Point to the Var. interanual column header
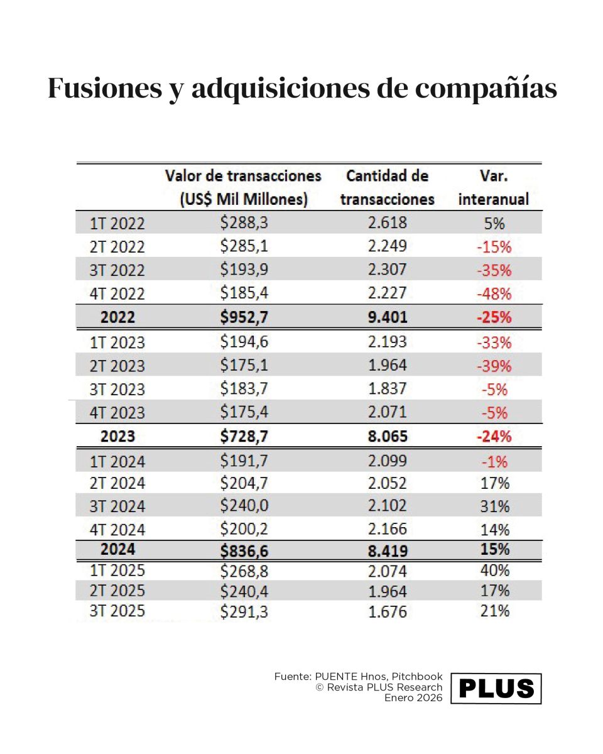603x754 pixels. (x=493, y=187)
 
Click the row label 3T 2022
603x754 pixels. (x=117, y=270)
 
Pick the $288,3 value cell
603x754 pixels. (x=244, y=222)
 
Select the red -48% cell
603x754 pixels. (x=494, y=293)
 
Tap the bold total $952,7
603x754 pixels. (x=244, y=317)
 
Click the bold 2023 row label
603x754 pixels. (x=117, y=436)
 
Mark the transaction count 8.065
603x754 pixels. (x=387, y=436)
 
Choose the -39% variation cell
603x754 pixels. (x=494, y=366)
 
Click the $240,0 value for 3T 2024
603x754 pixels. (x=244, y=506)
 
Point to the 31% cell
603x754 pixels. (x=494, y=506)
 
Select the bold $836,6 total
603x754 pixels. (x=244, y=550)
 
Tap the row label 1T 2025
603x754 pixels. (x=117, y=571)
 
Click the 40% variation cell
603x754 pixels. (x=494, y=571)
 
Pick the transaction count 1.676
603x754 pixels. (x=387, y=611)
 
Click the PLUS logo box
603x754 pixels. (x=496, y=689)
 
